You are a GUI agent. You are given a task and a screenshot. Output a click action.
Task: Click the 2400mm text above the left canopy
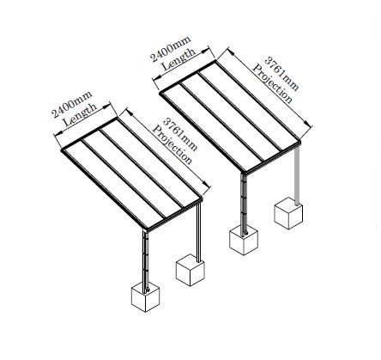point(72,104)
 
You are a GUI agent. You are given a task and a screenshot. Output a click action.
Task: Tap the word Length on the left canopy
point(80,115)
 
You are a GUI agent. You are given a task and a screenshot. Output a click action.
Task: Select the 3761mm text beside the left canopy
point(180,134)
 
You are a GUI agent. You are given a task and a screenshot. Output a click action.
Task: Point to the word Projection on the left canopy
point(172,144)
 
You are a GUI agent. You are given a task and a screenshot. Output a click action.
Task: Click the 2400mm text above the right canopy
point(171,49)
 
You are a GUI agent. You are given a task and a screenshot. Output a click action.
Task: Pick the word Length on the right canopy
point(178,59)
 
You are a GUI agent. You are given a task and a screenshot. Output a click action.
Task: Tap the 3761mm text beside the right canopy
point(281,74)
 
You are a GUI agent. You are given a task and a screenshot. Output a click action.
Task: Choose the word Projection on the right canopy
point(272,83)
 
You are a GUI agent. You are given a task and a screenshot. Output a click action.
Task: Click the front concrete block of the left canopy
point(145,296)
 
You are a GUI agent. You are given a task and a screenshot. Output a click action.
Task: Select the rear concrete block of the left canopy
point(190,270)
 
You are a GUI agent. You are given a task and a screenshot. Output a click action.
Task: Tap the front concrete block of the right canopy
point(244,240)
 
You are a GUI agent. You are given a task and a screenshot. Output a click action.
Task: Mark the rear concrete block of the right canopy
point(288,213)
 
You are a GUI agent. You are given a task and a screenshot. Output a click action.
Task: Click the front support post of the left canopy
point(146,260)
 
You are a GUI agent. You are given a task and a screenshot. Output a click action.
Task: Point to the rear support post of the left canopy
point(198,232)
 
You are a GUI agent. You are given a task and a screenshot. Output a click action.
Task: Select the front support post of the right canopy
point(244,204)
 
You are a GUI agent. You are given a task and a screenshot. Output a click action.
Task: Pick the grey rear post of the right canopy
point(297,174)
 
